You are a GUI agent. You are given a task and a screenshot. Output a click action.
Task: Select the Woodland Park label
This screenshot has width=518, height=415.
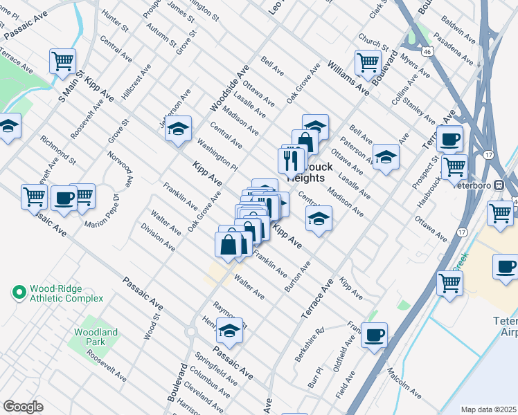point(96,337)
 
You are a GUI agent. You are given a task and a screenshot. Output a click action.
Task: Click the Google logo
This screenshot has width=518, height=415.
point(23,407)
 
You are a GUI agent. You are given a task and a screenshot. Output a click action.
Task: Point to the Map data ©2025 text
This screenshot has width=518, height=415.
point(489,409)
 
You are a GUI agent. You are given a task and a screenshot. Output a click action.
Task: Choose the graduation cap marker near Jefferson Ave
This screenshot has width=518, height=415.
point(178,129)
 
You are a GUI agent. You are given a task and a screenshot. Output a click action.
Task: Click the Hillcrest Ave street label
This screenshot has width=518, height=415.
point(136,82)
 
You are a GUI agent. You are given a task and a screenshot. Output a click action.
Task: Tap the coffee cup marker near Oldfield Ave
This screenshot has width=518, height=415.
point(375,335)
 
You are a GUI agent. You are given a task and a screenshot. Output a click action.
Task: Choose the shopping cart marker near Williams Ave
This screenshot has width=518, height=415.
point(368,62)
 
